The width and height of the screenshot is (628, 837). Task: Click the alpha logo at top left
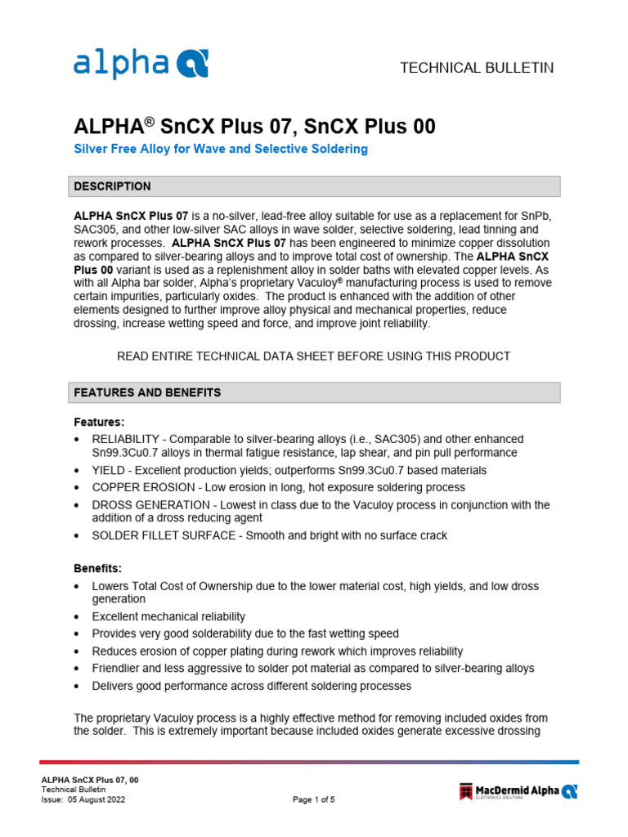[x=141, y=63]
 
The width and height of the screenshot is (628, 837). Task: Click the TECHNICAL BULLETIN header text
[x=476, y=68]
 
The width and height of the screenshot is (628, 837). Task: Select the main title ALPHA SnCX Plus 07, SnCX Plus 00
[x=254, y=127]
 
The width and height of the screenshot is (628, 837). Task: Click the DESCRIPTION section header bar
[x=315, y=186]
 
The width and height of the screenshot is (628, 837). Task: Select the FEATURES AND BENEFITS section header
[x=315, y=392]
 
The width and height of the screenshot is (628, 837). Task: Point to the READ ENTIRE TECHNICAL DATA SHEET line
[x=314, y=356]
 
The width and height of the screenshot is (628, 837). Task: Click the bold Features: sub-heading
[x=99, y=423]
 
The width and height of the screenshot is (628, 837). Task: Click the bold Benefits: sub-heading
[x=97, y=568]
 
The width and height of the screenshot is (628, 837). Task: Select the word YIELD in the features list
[x=109, y=470]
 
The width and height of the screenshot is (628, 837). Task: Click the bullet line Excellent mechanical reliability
[x=168, y=616]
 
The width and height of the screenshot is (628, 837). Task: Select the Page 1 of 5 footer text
[x=314, y=800]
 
